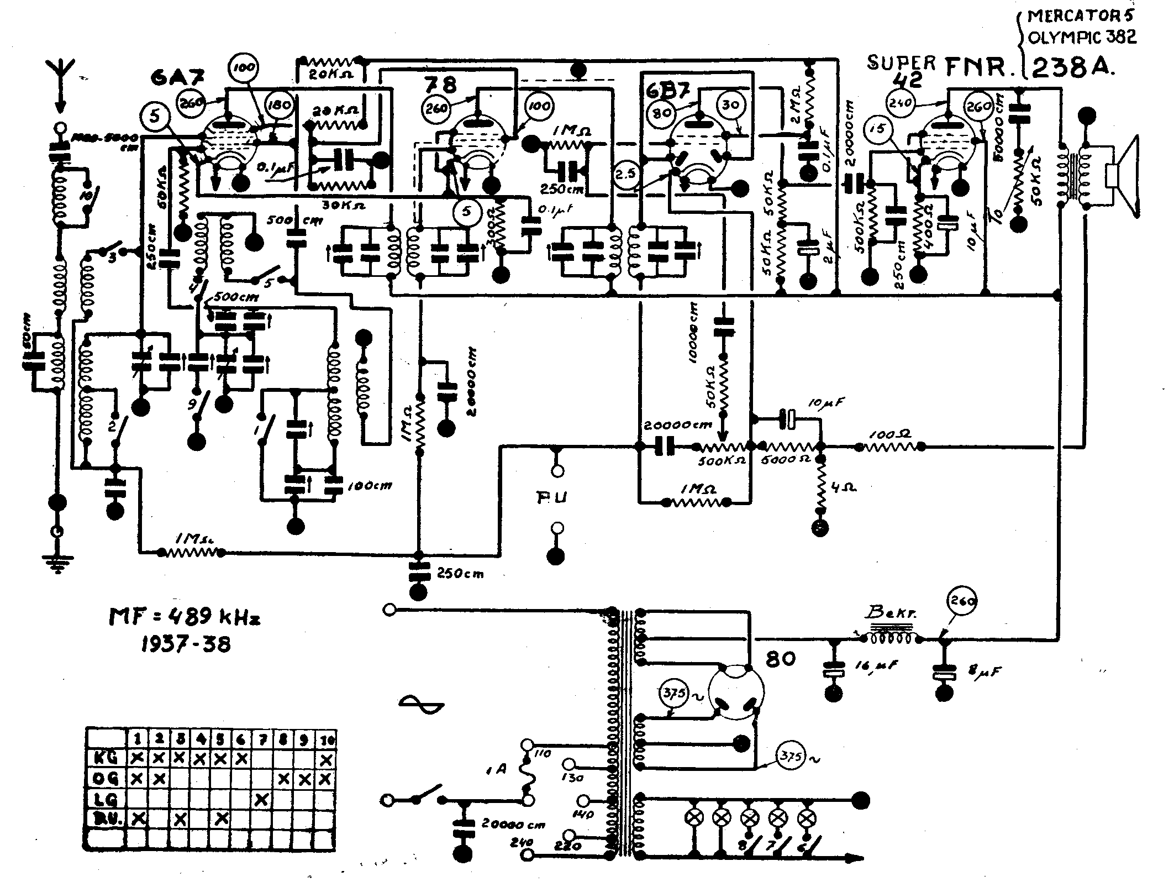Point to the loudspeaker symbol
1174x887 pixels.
tap(1122, 177)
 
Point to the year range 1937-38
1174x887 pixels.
tap(185, 644)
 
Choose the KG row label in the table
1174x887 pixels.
tap(104, 757)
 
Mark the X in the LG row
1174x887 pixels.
tap(262, 800)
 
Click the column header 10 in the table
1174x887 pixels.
tap(326, 739)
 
